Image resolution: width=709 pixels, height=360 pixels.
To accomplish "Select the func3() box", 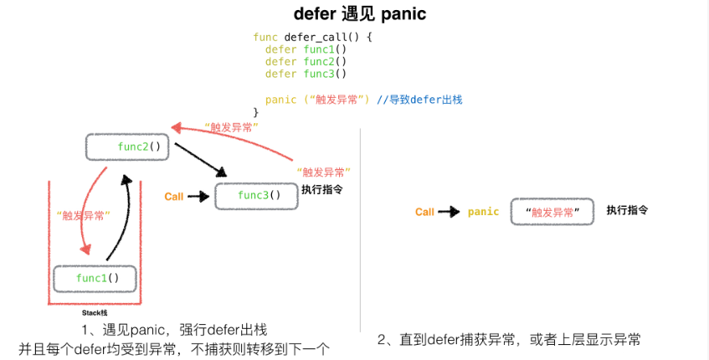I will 255,196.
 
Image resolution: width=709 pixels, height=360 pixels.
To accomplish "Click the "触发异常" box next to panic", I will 552,212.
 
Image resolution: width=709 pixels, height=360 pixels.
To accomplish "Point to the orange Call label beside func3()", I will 174,197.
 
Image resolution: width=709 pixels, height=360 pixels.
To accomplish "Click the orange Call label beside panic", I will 424,212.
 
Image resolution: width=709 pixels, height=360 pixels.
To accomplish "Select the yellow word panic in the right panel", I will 483,212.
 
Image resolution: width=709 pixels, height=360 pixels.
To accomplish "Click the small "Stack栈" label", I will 95,311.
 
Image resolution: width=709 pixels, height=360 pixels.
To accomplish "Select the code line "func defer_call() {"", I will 311,37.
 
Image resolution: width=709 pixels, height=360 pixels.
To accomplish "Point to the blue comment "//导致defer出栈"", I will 419,99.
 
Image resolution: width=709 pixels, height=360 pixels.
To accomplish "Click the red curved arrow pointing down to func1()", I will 90,209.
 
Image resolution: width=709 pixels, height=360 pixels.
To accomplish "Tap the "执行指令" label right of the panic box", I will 627,210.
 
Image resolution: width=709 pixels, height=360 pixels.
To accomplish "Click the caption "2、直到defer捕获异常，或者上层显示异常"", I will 509,339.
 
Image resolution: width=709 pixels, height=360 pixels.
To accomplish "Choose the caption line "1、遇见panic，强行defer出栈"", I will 174,330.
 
